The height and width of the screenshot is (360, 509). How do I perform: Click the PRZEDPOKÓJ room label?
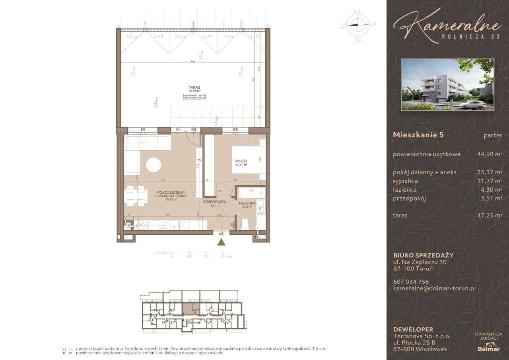click(214, 202)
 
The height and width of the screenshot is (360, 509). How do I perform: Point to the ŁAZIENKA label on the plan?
click(247, 203)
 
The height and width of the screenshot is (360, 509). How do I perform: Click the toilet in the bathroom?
click(245, 224)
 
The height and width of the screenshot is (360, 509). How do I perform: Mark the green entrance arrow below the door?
click(221, 242)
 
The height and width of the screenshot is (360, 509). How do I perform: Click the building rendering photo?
click(448, 84)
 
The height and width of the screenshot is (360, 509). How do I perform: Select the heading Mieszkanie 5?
click(418, 135)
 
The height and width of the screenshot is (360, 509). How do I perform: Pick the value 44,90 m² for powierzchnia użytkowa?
click(489, 154)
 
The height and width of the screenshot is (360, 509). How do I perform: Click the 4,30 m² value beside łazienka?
click(492, 190)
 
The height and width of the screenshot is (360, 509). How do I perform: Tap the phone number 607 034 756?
click(411, 282)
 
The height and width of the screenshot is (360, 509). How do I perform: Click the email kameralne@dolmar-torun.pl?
click(434, 289)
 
